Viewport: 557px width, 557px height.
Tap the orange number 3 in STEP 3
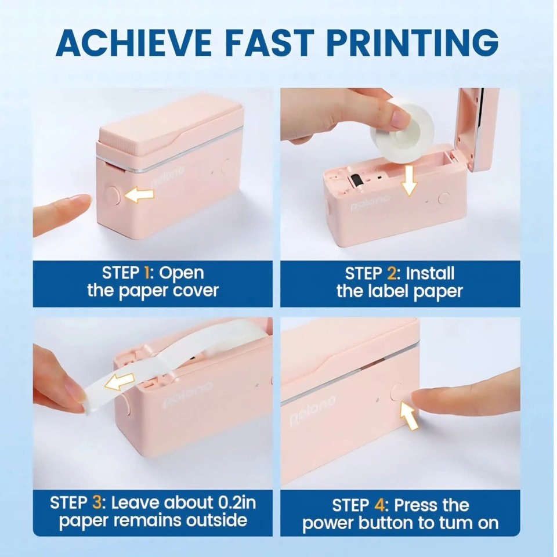pos(97,502)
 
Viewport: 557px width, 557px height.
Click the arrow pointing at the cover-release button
pos(139,196)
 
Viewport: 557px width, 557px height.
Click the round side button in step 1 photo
pos(113,196)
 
